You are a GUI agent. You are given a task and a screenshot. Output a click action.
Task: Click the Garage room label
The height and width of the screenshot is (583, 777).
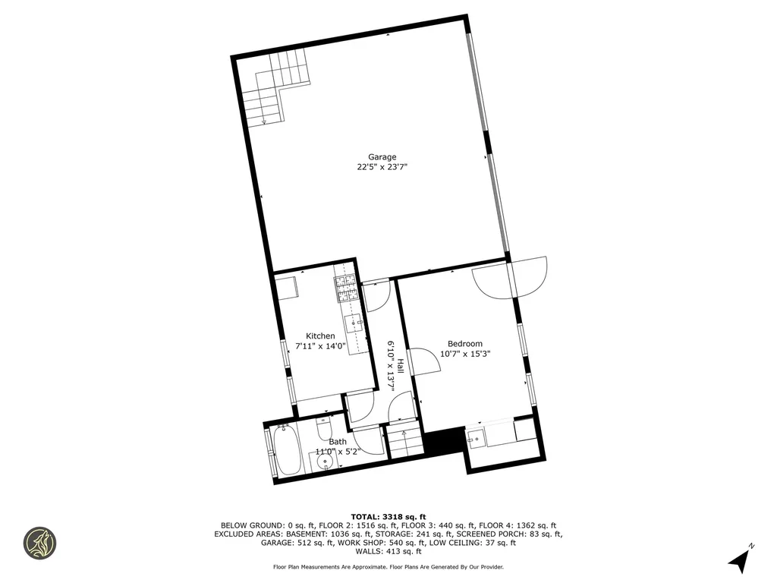(x=382, y=157)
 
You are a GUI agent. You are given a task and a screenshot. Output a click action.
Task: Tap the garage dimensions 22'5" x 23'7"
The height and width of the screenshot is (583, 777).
(x=382, y=168)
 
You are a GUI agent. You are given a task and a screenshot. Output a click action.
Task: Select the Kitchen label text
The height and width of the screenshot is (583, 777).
(x=320, y=336)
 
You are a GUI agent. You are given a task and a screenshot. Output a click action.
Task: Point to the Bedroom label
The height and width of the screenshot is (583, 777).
(x=464, y=344)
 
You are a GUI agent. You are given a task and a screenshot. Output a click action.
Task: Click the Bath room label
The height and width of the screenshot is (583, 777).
(x=338, y=442)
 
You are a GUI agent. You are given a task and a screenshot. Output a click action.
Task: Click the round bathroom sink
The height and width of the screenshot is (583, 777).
(x=327, y=460)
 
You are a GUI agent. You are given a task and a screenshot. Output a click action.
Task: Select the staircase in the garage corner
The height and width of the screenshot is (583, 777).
(x=273, y=91)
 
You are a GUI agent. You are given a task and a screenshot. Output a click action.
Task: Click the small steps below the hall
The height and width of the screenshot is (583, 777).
(x=404, y=443)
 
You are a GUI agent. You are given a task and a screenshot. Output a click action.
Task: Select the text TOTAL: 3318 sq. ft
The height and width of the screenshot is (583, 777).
(x=388, y=517)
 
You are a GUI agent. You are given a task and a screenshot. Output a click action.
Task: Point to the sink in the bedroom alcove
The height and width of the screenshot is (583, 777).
(x=476, y=437)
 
